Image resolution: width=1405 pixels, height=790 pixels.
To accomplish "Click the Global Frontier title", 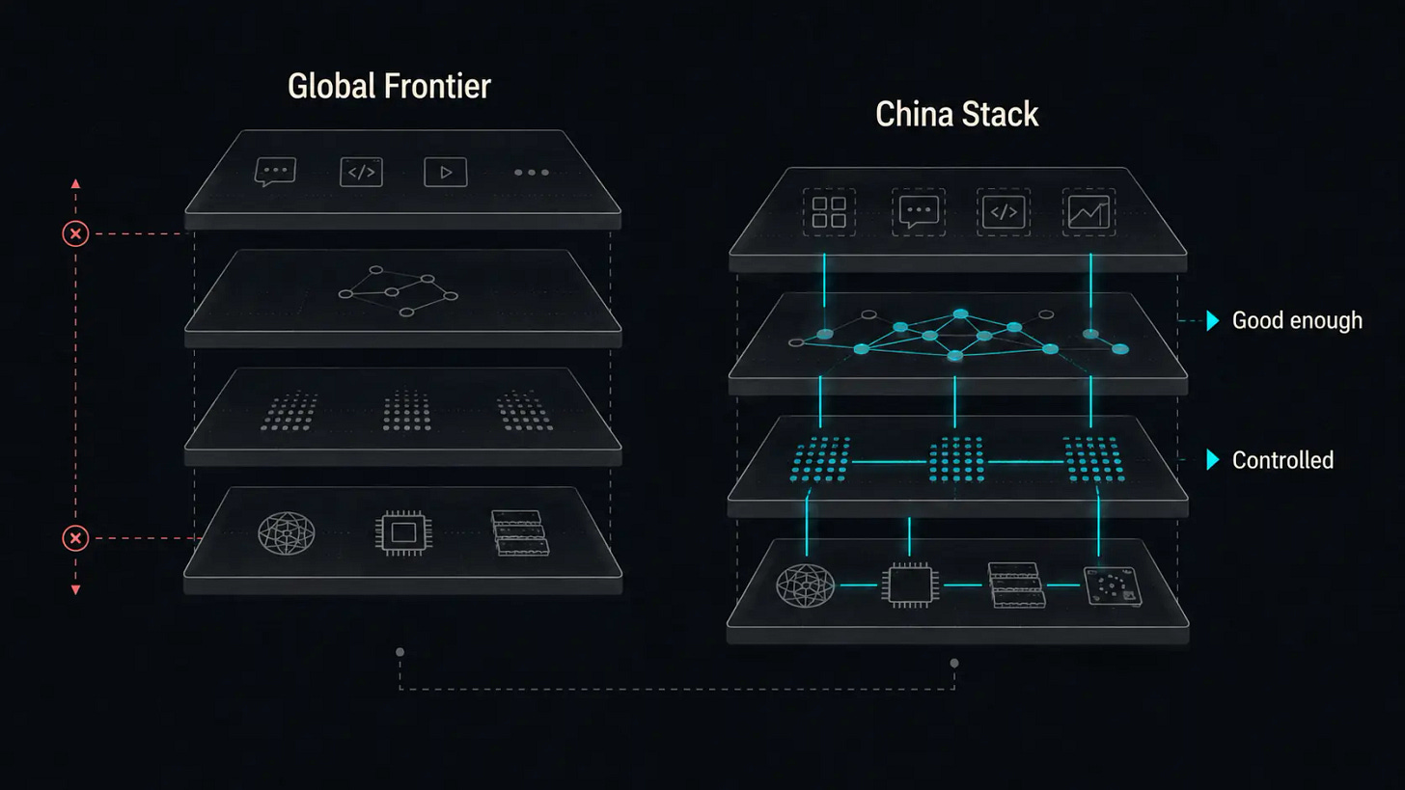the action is pyautogui.click(x=389, y=87).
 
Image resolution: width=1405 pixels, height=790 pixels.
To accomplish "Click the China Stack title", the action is pyautogui.click(x=956, y=114).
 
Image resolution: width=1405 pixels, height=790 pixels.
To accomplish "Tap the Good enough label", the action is pyautogui.click(x=1297, y=320).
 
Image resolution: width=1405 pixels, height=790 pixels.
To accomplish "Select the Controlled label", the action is pyautogui.click(x=1282, y=460).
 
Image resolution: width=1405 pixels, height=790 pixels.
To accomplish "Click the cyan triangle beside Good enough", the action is pyautogui.click(x=1212, y=320).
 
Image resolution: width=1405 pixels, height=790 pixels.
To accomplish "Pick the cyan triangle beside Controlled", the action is pyautogui.click(x=1212, y=459).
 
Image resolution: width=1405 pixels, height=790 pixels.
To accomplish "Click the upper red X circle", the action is pyautogui.click(x=75, y=233).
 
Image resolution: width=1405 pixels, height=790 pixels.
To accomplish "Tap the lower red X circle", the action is pyautogui.click(x=75, y=538).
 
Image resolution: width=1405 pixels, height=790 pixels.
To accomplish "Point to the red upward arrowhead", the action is pyautogui.click(x=75, y=183).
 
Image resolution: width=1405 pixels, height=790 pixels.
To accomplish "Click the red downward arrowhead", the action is pyautogui.click(x=75, y=590).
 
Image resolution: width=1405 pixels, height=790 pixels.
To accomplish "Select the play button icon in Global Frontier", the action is pyautogui.click(x=446, y=172).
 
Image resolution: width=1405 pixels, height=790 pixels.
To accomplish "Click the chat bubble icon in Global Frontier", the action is pyautogui.click(x=275, y=171).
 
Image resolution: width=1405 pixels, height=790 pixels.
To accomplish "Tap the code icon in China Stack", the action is pyautogui.click(x=1004, y=212).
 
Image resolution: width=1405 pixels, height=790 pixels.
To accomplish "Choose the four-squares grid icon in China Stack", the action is pyautogui.click(x=829, y=212).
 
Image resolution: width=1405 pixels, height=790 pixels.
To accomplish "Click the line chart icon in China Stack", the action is pyautogui.click(x=1088, y=212).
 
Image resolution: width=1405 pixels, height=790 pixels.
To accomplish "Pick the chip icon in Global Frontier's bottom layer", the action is pyautogui.click(x=403, y=533).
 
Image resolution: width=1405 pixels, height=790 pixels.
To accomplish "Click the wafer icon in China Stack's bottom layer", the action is pyautogui.click(x=806, y=586).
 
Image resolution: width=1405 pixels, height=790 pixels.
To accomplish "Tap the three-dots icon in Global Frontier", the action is pyautogui.click(x=532, y=173).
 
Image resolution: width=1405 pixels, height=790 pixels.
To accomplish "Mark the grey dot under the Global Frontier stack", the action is pyautogui.click(x=400, y=652).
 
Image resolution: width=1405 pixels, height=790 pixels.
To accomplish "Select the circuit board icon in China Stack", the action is pyautogui.click(x=1113, y=586).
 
